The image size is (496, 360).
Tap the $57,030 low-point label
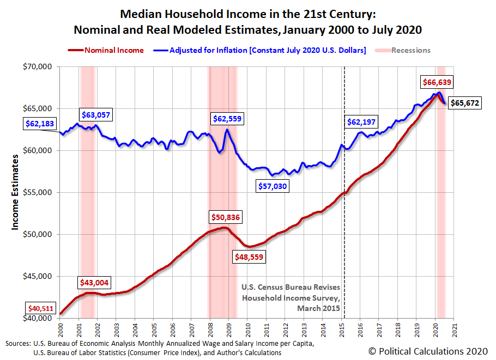click(280, 186)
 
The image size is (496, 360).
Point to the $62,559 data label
click(227, 118)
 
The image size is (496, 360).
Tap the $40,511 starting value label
click(40, 309)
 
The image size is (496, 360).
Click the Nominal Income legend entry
click(114, 50)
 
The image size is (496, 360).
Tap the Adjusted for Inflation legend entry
click(268, 50)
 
